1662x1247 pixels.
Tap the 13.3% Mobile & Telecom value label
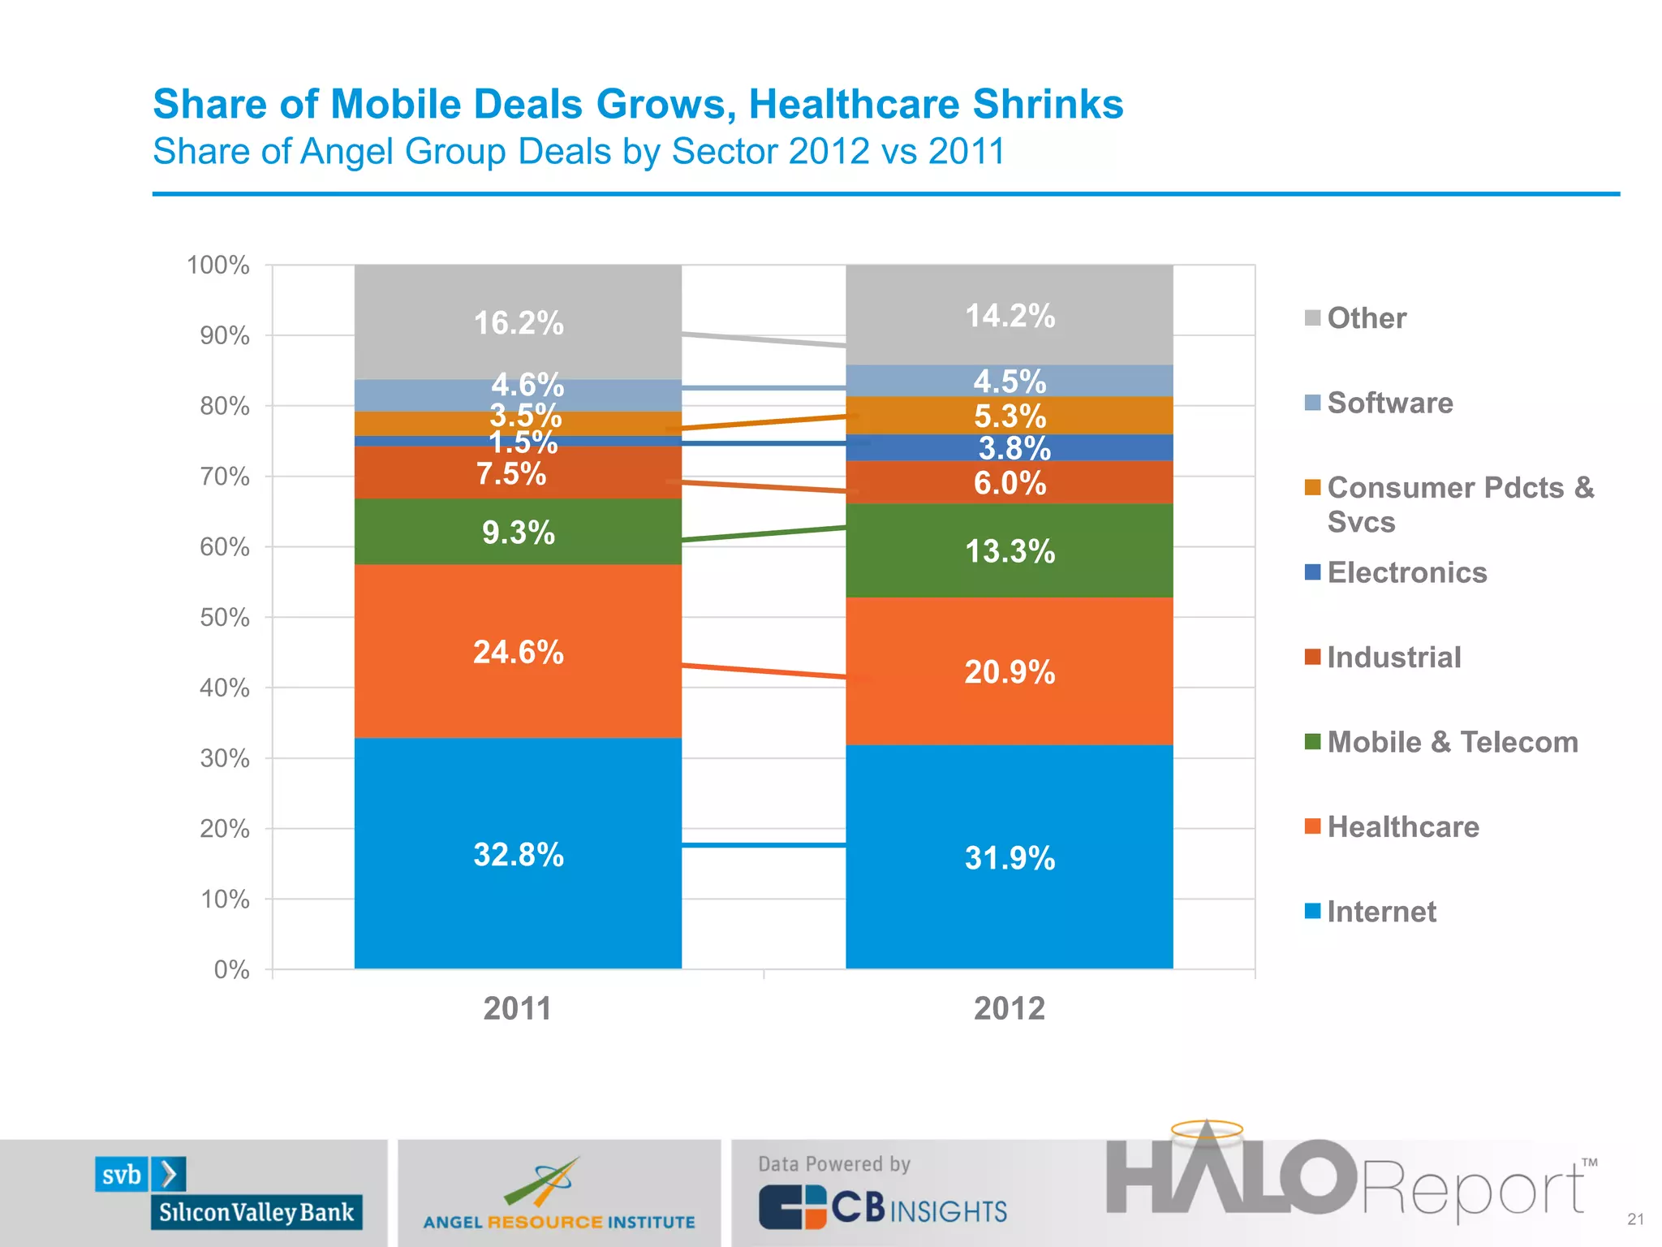(1010, 552)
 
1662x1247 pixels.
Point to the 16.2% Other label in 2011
(518, 323)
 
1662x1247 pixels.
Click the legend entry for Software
(1389, 403)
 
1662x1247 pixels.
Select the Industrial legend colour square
(1312, 657)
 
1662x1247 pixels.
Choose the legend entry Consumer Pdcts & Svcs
(1459, 503)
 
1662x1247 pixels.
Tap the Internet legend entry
(1380, 912)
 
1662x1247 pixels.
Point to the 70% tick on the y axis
(225, 477)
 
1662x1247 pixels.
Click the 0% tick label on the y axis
(231, 969)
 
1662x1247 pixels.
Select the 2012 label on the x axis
(1009, 1009)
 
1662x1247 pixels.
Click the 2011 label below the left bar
(517, 1009)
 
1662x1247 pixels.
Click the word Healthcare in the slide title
(854, 104)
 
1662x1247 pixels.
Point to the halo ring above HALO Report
(1207, 1129)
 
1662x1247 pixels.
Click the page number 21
(1635, 1219)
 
